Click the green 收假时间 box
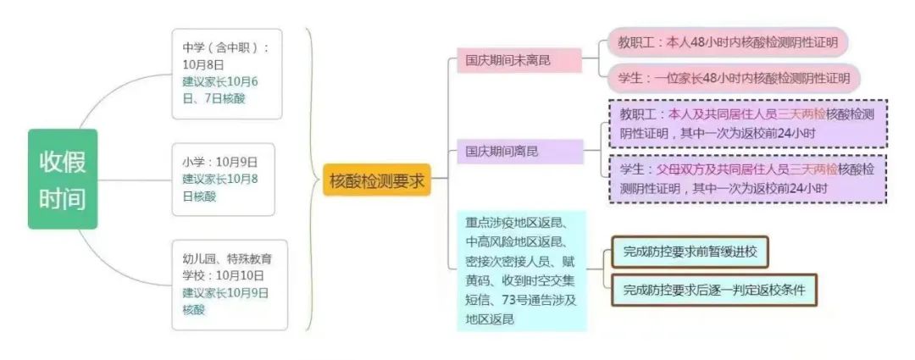63,179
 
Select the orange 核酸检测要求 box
376,180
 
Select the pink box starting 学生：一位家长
734,78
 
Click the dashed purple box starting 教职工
746,123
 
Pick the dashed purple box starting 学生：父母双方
746,178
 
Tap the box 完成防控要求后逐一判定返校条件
713,290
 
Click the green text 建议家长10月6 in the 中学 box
219,82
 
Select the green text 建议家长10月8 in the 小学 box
219,179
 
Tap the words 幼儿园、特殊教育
221,258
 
